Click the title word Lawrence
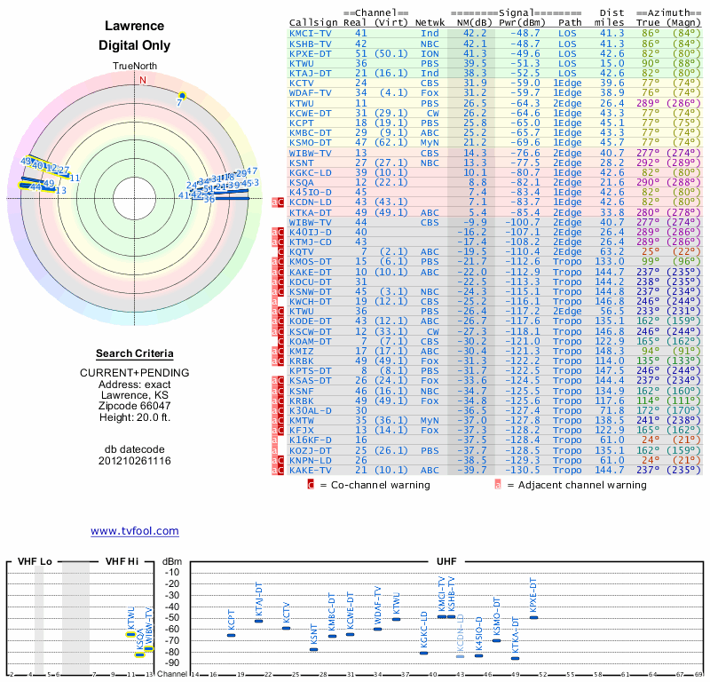pyautogui.click(x=134, y=27)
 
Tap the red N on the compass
pyautogui.click(x=142, y=79)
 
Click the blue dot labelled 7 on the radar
pyautogui.click(x=182, y=95)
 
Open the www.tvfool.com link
pyautogui.click(x=134, y=531)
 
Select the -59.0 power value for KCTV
pyautogui.click(x=512, y=83)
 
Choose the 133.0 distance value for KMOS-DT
pyautogui.click(x=610, y=262)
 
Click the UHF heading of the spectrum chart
pyautogui.click(x=446, y=562)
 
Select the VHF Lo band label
pyautogui.click(x=35, y=562)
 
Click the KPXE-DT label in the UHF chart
pyautogui.click(x=533, y=597)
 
